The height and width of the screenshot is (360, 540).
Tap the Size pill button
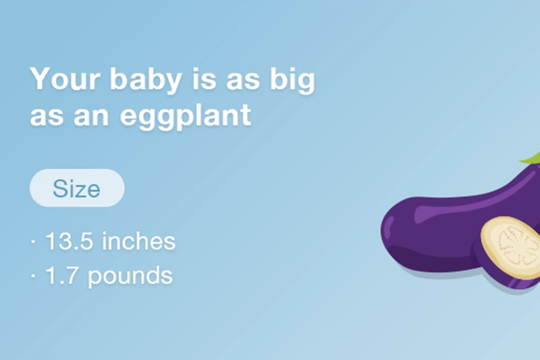pyautogui.click(x=77, y=188)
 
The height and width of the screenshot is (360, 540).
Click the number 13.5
pyautogui.click(x=70, y=241)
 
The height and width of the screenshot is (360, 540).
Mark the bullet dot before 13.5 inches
pyautogui.click(x=32, y=242)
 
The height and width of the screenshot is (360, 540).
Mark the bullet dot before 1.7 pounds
pyautogui.click(x=32, y=276)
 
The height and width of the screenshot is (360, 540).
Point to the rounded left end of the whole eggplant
pyautogui.click(x=391, y=230)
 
